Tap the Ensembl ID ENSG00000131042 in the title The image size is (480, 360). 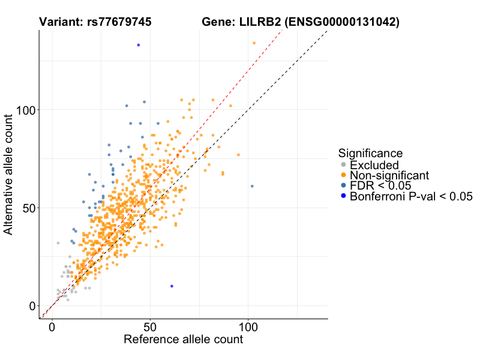tap(341, 22)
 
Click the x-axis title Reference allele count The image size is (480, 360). tap(183, 340)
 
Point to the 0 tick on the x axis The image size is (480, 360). tap(52, 327)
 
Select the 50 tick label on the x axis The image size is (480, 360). tap(150, 327)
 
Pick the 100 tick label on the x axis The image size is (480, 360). tap(248, 327)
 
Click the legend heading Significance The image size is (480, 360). tap(370, 154)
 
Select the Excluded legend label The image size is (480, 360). tap(374, 164)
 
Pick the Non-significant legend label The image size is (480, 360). tap(389, 175)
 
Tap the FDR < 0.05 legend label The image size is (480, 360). tap(380, 185)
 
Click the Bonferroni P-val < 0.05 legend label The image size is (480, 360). tap(411, 196)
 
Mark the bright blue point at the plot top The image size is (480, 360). tap(139, 45)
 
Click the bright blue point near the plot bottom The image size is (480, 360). tap(172, 286)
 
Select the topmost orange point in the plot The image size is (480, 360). tap(254, 43)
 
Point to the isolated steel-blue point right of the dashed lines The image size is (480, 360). tap(252, 186)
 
